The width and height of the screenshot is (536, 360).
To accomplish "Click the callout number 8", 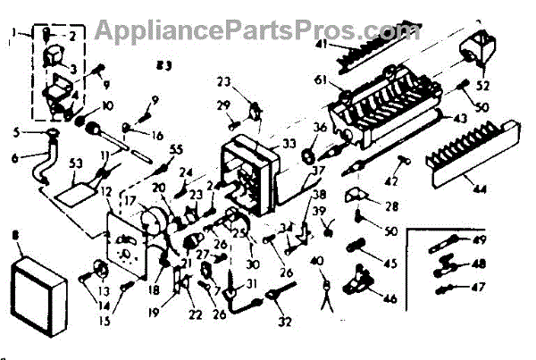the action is pyautogui.click(x=11, y=238).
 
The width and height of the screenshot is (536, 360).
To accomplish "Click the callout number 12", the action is pyautogui.click(x=106, y=192).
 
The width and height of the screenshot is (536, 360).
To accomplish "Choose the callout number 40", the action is pyautogui.click(x=320, y=260).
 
